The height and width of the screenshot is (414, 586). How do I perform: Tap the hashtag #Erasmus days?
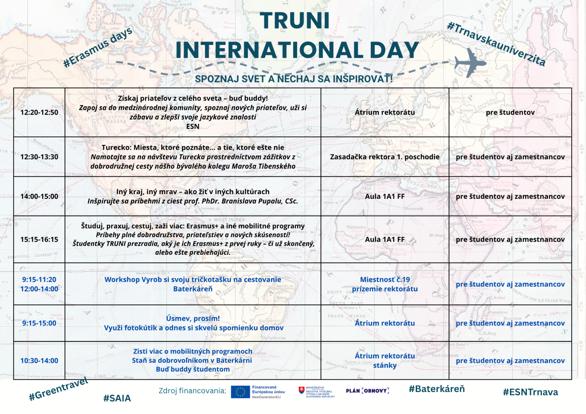tap(98, 48)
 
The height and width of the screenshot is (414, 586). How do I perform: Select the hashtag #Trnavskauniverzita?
tap(496, 44)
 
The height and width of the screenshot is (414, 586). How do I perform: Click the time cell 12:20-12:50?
tap(39, 112)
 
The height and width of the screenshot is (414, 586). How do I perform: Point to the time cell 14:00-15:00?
tap(39, 196)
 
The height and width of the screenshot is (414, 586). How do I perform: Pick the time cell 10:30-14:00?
tap(39, 361)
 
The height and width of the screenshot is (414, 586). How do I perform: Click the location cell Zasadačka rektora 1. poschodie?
tap(385, 157)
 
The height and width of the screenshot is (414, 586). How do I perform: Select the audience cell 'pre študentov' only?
tap(510, 112)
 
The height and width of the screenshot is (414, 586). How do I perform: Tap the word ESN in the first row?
tap(193, 126)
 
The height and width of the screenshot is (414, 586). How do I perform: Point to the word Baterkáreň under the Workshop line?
tap(193, 289)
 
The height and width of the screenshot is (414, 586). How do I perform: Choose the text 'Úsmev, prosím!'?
tap(193, 318)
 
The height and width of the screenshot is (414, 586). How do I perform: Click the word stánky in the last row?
tap(385, 365)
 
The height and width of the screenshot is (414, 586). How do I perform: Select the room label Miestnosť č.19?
tap(385, 279)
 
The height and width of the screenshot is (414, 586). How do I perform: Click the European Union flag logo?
tap(240, 392)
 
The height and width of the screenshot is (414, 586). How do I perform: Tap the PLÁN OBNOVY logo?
tap(367, 391)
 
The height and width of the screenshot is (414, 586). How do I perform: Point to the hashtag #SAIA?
tap(117, 398)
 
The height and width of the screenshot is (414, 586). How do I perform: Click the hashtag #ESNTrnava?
tap(530, 392)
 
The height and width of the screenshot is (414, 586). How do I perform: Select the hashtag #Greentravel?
tap(59, 389)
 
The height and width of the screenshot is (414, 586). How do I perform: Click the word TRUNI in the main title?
tap(295, 20)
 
